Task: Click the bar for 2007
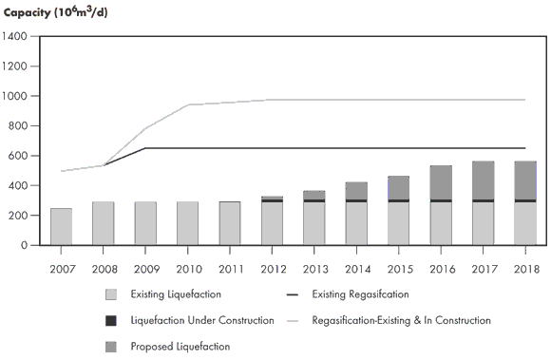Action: tap(61, 226)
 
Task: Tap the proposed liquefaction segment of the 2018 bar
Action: tap(524, 180)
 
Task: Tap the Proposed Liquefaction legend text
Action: tap(180, 347)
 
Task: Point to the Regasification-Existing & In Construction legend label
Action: tap(401, 321)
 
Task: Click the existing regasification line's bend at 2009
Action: tap(145, 148)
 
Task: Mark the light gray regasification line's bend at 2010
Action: tap(188, 104)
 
